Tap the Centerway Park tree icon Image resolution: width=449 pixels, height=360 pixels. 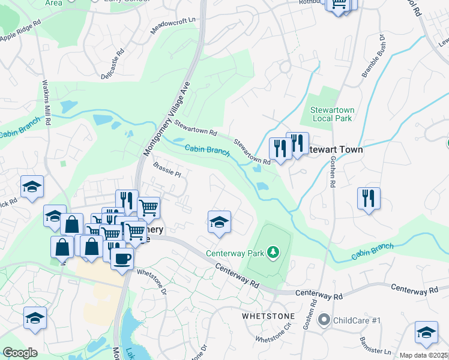tap(273, 251)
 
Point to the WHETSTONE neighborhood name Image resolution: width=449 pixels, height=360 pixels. tap(268, 316)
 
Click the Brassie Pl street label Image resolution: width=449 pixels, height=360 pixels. tap(167, 169)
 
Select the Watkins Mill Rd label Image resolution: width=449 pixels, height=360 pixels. tap(46, 102)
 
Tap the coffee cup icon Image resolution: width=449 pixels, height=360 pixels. tap(122, 259)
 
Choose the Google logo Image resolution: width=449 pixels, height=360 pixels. tap(20, 353)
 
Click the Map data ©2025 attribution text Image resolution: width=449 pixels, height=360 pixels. tap(424, 355)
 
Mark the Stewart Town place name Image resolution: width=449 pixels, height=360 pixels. tap(334, 150)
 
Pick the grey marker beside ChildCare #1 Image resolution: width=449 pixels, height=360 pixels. tap(325, 321)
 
